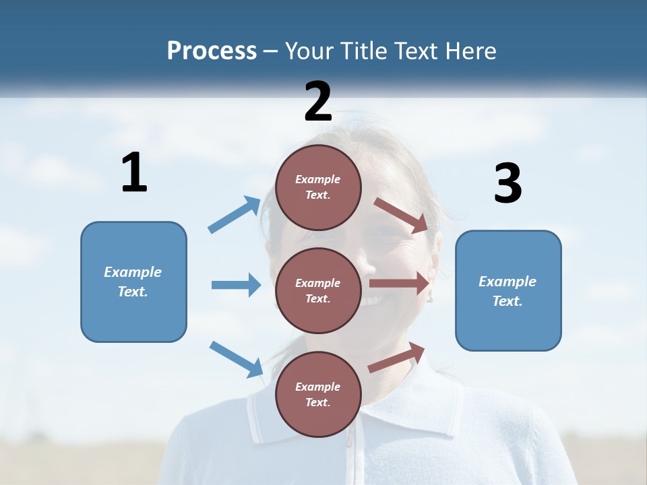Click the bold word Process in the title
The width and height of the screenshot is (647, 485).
(x=212, y=51)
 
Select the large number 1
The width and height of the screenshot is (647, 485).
(x=134, y=173)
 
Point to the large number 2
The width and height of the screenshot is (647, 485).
(x=318, y=102)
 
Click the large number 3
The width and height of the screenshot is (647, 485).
(x=507, y=184)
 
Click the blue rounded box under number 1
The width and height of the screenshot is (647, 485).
(x=133, y=282)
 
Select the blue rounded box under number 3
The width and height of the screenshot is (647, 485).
(x=508, y=291)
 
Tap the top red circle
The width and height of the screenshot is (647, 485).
(x=318, y=187)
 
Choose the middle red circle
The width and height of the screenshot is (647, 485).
(x=318, y=291)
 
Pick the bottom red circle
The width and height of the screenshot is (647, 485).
(x=318, y=395)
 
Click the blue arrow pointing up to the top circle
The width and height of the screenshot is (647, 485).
(x=235, y=215)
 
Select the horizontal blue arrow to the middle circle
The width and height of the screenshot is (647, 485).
(x=236, y=285)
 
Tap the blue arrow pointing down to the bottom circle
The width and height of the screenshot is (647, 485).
(x=237, y=358)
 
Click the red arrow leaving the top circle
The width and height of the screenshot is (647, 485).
(x=401, y=215)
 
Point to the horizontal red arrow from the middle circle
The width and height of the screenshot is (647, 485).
(x=399, y=284)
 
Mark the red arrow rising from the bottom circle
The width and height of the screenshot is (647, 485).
(x=396, y=357)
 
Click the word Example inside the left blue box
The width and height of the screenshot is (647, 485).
(x=133, y=272)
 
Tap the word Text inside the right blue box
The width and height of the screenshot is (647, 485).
(x=507, y=301)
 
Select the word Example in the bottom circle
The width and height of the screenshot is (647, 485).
(x=318, y=387)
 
